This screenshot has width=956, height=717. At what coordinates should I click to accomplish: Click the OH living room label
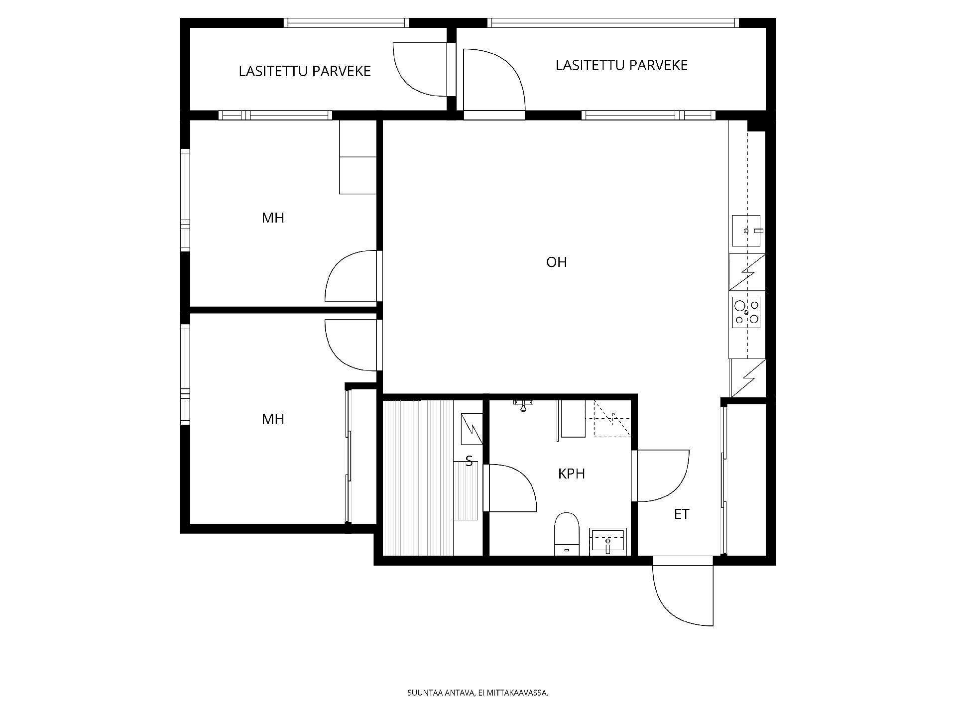pos(556,262)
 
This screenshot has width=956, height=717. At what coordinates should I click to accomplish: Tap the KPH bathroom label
pos(571,474)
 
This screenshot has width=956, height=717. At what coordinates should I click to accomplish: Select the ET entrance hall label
pos(682,514)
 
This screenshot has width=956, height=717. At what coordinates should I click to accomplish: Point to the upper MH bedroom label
pos(273,218)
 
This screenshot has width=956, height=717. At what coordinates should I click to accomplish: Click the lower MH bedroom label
pos(273,419)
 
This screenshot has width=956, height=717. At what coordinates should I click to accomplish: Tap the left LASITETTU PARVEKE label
pos(305,71)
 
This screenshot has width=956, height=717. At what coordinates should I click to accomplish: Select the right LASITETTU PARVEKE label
pos(621,65)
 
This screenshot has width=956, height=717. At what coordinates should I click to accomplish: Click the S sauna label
pos(469,462)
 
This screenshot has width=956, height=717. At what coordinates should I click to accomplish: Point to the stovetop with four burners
pos(746,312)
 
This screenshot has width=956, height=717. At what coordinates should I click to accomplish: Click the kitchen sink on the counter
pos(746,231)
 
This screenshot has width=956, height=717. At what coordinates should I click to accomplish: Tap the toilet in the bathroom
pos(567,534)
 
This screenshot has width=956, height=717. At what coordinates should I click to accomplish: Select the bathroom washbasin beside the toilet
pos(607,542)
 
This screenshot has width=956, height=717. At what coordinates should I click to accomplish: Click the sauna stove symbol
pos(472,429)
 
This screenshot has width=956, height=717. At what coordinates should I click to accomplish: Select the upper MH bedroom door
pos(351,276)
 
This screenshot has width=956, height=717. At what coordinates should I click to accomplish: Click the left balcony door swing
pos(420,69)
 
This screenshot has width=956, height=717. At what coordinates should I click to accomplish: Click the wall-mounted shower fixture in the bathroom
pos(523,404)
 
